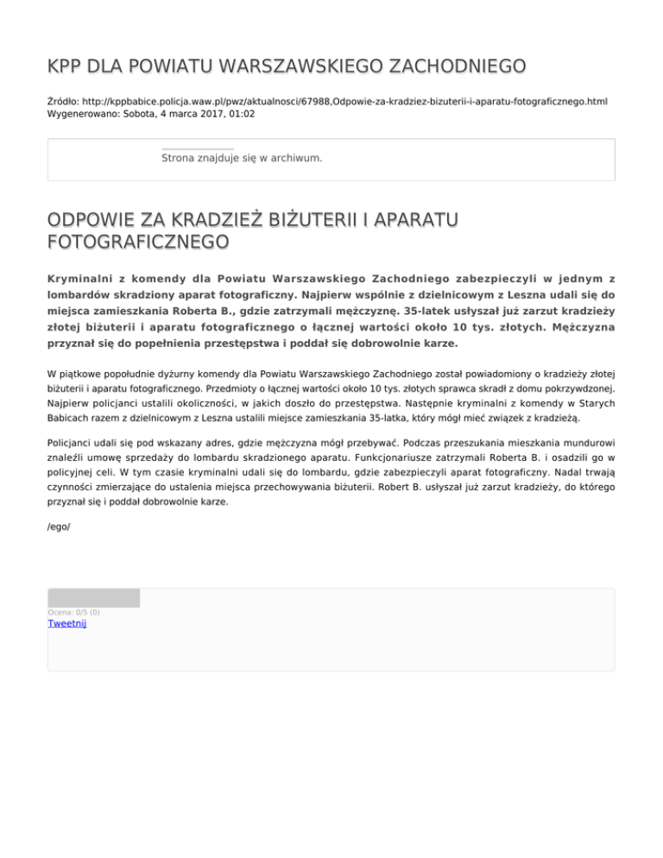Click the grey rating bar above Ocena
[93, 597]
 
